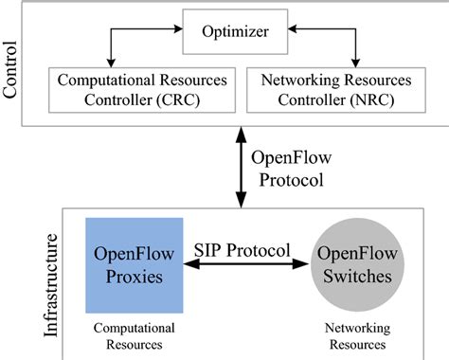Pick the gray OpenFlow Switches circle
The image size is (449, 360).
357,263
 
